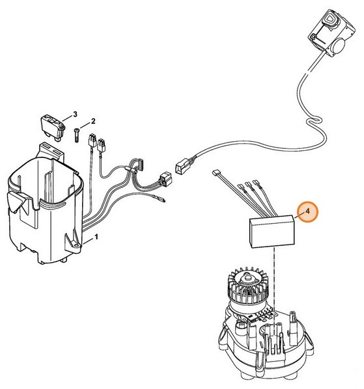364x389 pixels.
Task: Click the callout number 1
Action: click(96, 238)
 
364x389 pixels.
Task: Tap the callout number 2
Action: click(93, 121)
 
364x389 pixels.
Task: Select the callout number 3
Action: click(75, 114)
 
